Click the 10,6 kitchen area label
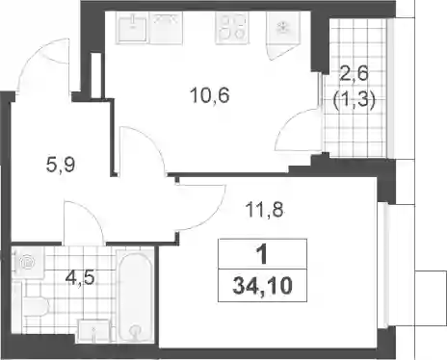click(x=210, y=95)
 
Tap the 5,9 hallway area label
click(x=61, y=166)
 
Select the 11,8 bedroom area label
click(x=264, y=210)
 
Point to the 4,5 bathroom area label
click(x=80, y=277)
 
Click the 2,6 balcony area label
click(x=355, y=74)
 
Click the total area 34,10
click(x=262, y=286)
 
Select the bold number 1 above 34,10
click(x=263, y=254)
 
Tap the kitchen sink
click(x=132, y=27)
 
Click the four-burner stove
click(x=232, y=27)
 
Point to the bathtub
click(x=135, y=296)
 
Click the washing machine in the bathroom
click(x=28, y=262)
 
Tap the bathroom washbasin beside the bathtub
click(x=94, y=330)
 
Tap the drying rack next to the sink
click(x=166, y=27)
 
